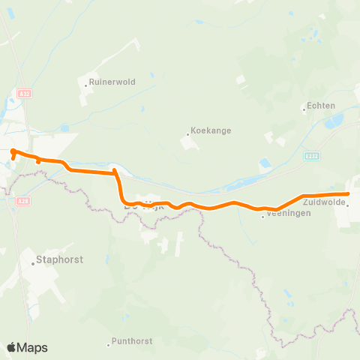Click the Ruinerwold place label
[112, 82]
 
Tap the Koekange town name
[211, 130]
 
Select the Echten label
[319, 106]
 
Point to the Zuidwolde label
[324, 202]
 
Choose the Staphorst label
[60, 260]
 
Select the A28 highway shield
[22, 200]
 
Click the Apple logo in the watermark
[12, 347]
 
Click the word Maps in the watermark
[34, 347]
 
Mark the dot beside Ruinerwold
[85, 85]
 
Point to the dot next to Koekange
[187, 135]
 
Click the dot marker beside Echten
[303, 109]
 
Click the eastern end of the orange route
[347, 194]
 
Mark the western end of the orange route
[13, 151]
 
